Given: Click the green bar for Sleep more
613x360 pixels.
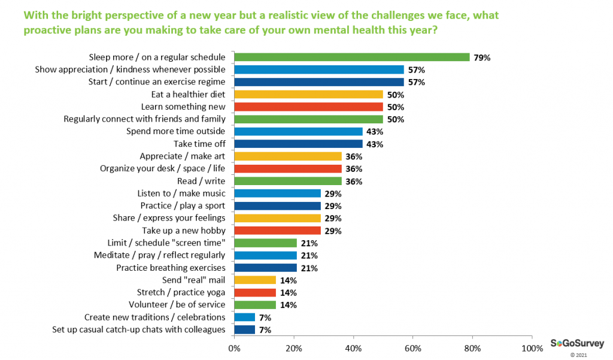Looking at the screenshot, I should [351, 57].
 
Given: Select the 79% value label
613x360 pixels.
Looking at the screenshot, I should [482, 58].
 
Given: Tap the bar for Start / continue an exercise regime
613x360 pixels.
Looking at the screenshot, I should [318, 82].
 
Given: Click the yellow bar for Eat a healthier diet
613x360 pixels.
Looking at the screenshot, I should [308, 95].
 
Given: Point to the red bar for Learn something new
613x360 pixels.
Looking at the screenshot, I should [308, 107].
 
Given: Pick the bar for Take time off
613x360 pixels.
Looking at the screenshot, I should [298, 144].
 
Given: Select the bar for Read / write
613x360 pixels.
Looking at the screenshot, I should [287, 181].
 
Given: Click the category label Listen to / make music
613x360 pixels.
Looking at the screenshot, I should [182, 193].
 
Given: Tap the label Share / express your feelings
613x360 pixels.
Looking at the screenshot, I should [169, 218].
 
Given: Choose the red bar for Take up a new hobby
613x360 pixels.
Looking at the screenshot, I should [277, 231].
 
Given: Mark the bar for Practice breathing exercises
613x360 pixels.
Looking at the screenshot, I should [265, 268].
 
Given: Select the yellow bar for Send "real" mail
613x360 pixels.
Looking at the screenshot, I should [255, 280].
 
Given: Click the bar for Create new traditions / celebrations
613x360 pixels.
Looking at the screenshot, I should [244, 317].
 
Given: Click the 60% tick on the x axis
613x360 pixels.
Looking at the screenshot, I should [412, 347].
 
